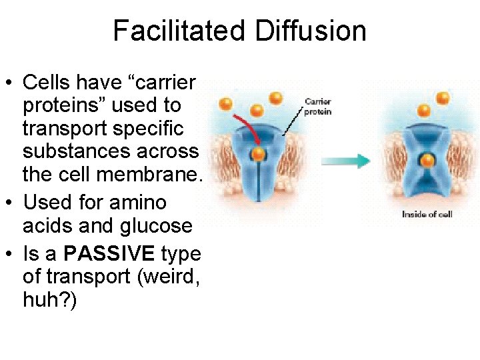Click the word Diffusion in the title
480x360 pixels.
[310, 31]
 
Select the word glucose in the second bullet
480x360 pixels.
[157, 226]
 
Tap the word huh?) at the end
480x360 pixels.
[50, 301]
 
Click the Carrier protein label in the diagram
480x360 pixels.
[318, 107]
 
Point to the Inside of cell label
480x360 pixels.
[427, 214]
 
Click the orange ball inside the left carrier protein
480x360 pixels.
[258, 155]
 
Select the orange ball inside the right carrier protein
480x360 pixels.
[427, 160]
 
